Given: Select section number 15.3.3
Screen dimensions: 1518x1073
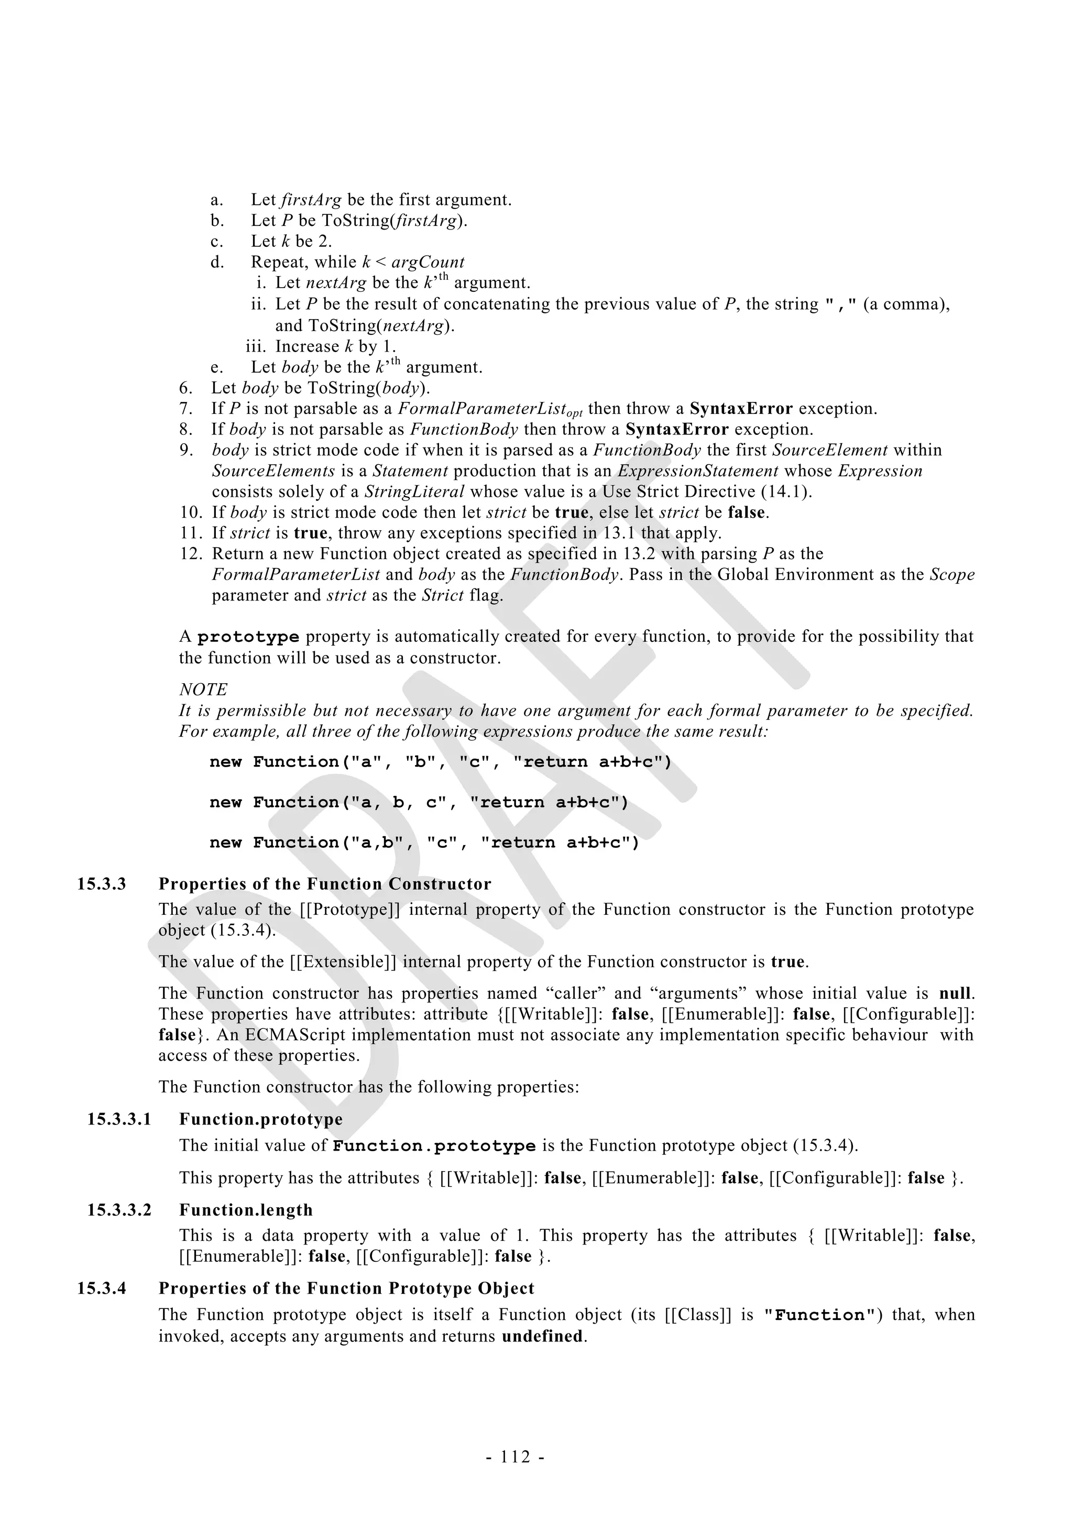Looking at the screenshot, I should [x=101, y=884].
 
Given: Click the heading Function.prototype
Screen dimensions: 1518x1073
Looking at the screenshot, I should [x=260, y=1119].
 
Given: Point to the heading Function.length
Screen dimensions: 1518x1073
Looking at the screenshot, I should [x=246, y=1210].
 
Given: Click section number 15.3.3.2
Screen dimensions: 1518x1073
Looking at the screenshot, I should [x=119, y=1210].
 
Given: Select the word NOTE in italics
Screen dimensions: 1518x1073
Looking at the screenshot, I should [x=203, y=690].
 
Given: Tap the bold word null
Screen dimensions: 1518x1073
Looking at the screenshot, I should [x=956, y=993].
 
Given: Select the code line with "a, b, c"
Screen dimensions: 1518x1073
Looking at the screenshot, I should [x=419, y=803].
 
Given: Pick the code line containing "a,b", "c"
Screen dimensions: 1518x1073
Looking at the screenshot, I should [x=424, y=843].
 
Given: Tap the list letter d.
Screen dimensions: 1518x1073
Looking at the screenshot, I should [x=217, y=263].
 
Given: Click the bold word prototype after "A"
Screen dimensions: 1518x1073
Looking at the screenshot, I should [x=248, y=637].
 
